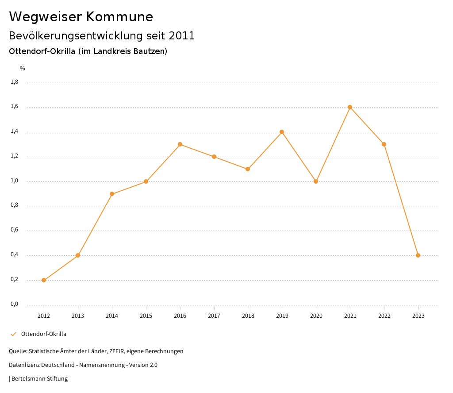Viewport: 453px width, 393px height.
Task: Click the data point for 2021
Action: click(350, 107)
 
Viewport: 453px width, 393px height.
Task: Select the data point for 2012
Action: click(44, 280)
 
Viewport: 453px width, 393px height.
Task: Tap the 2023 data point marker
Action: click(418, 255)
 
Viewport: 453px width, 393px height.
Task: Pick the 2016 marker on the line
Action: click(180, 144)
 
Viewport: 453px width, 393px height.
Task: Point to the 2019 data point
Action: click(282, 132)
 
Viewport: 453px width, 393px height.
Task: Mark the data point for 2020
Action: click(316, 181)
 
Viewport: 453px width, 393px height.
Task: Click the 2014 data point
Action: click(112, 194)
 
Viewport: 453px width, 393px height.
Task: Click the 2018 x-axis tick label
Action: click(248, 316)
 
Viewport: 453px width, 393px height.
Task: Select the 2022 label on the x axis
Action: click(384, 316)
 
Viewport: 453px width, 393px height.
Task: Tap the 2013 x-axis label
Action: click(78, 316)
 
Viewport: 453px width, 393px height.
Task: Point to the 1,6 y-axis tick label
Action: click(15, 106)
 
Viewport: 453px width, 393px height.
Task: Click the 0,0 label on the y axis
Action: click(15, 304)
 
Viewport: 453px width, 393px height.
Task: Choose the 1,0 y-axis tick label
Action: click(15, 181)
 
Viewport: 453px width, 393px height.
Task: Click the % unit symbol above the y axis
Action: click(23, 69)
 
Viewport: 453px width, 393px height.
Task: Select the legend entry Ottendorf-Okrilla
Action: click(44, 334)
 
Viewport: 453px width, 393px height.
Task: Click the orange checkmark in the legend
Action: click(13, 334)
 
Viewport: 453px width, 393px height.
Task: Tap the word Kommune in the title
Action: click(119, 17)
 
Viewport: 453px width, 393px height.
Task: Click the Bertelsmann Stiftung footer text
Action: click(39, 378)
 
